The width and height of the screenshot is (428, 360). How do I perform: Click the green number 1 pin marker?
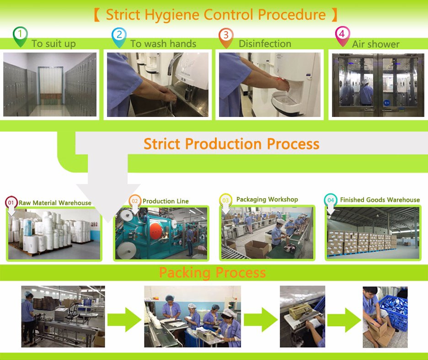[x=20, y=36]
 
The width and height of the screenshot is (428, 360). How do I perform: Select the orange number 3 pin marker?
[x=226, y=37]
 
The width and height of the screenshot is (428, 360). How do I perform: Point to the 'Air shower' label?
[x=375, y=44]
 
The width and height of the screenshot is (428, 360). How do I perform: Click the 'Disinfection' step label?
[x=265, y=44]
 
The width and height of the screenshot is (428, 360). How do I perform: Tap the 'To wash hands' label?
[x=163, y=44]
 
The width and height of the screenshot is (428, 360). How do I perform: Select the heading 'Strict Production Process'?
[x=231, y=144]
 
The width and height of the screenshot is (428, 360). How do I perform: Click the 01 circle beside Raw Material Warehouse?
[x=11, y=202]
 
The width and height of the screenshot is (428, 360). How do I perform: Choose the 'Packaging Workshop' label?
[x=267, y=199]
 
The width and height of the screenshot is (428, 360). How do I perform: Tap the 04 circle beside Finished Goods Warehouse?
[x=331, y=200]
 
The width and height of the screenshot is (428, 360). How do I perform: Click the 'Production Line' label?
[x=166, y=201]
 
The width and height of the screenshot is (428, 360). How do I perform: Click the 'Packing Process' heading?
[x=212, y=273]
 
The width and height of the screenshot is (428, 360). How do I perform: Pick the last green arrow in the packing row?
[x=344, y=320]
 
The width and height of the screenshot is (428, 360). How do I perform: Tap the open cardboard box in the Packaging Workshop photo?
[x=257, y=249]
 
